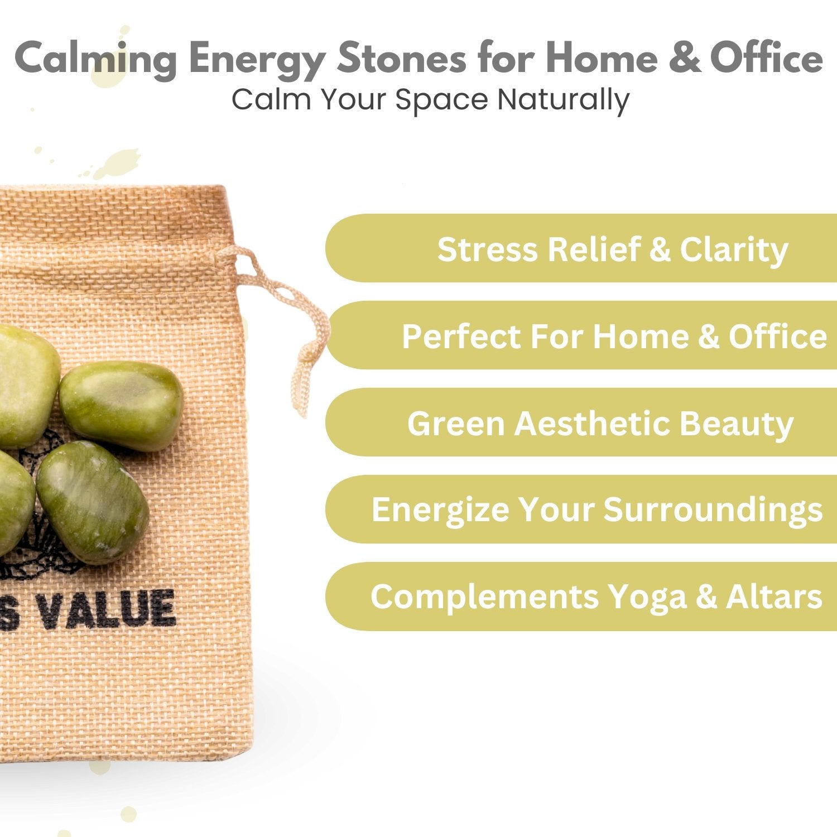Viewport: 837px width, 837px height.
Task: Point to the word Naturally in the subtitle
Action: pos(563,100)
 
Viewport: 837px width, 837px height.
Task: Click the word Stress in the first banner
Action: pos(488,249)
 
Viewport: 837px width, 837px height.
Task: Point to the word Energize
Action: pos(440,511)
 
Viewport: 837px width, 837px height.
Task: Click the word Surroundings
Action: pos(713,511)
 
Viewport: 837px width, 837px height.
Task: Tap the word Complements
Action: pos(484,598)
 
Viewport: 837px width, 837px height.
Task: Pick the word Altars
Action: pos(774,597)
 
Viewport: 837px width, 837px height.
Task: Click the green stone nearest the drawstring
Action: pos(121,406)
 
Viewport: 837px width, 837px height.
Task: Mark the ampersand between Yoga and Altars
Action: pos(706,597)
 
